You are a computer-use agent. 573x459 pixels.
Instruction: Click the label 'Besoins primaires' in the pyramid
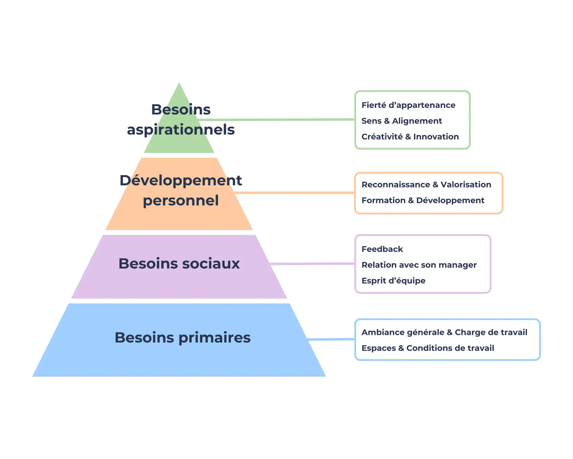[x=182, y=338]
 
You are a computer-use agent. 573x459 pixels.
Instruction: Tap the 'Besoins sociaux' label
[x=179, y=264]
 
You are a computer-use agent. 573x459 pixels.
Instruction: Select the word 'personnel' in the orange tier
[x=181, y=201]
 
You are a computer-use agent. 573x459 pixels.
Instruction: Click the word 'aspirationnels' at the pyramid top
[x=181, y=130]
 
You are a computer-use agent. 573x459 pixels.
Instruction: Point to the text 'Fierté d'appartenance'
[x=408, y=105]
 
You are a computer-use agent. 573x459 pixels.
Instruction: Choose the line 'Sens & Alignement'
[x=401, y=121]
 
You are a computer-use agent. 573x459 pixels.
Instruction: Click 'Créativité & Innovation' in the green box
[x=410, y=137]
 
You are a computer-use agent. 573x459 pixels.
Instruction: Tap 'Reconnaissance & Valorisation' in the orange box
[x=426, y=185]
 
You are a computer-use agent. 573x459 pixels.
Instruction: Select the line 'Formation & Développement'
[x=423, y=201]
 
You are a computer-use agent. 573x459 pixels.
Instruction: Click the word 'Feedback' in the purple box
[x=382, y=249]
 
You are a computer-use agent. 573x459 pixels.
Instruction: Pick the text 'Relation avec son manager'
[x=419, y=265]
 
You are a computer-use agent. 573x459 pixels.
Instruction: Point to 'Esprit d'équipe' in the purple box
[x=393, y=281]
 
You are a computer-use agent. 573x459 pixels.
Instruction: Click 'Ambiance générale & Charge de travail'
[x=444, y=332]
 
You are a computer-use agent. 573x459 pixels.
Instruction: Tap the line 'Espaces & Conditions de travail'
[x=428, y=348]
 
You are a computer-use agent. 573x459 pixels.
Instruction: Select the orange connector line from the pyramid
[x=295, y=193]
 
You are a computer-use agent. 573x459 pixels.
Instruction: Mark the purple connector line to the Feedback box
[x=312, y=264]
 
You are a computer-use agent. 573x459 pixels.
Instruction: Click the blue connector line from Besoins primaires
[x=331, y=339]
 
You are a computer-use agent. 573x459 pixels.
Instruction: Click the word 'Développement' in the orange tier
[x=181, y=180]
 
